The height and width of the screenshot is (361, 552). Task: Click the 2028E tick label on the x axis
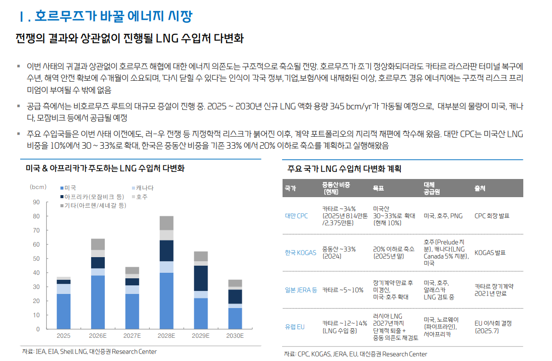(x=167, y=336)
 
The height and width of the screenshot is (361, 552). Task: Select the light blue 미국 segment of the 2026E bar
(x=98, y=302)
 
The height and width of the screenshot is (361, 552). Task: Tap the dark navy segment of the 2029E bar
(x=201, y=278)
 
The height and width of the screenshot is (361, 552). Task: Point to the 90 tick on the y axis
(x=36, y=203)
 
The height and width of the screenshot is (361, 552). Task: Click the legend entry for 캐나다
(x=144, y=188)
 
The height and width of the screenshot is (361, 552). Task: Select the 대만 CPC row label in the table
(x=296, y=216)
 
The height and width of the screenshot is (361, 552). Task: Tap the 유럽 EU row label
(x=295, y=327)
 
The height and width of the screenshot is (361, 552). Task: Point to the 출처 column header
(x=479, y=188)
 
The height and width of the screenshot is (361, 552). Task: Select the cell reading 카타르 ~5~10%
(x=342, y=290)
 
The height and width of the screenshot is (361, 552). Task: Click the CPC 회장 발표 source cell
(x=492, y=216)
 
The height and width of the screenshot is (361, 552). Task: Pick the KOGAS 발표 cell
(x=490, y=253)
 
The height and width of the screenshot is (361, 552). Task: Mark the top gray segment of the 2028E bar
(x=167, y=223)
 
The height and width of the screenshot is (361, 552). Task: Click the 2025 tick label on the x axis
(x=63, y=336)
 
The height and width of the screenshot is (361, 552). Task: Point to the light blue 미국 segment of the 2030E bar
(x=235, y=318)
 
